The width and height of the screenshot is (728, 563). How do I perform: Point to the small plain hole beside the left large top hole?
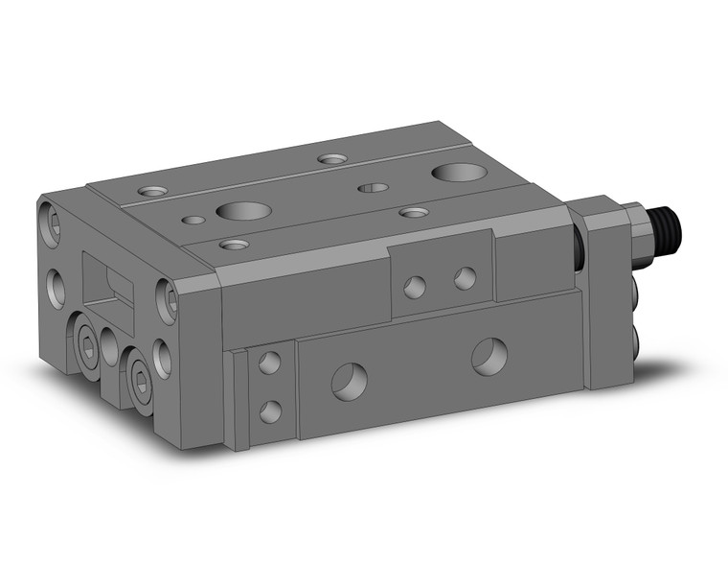(x=193, y=220)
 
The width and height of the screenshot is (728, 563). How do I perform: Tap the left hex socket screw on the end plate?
(x=87, y=352)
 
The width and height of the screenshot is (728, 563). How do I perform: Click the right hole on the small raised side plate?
(x=465, y=279)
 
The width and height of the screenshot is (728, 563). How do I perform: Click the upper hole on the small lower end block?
(x=270, y=364)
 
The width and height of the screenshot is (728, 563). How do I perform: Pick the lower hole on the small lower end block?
(x=271, y=411)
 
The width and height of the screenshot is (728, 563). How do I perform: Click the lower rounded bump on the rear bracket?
(x=636, y=337)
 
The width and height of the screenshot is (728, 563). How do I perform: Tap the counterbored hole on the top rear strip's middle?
(x=332, y=158)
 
